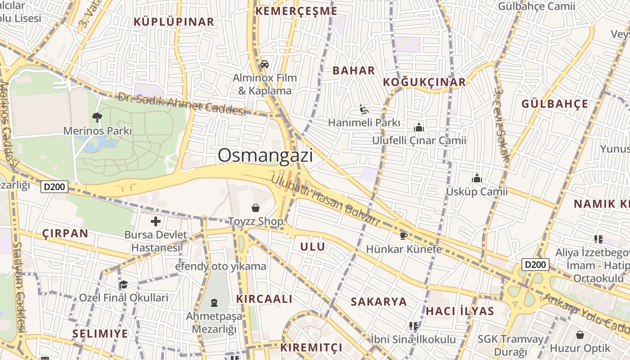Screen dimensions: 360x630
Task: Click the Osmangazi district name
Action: pos(265,156)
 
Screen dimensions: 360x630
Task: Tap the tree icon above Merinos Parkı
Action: pos(97,117)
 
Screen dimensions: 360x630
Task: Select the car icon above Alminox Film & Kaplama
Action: pos(265,64)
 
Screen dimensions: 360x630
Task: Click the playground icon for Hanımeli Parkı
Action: pos(364,109)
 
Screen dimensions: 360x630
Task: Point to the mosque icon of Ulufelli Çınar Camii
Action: pos(419,127)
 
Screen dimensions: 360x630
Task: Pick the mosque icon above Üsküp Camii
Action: pos(477,178)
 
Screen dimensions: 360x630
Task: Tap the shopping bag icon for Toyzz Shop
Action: pos(256,208)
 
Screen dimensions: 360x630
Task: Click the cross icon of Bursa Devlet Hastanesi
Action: pos(156,221)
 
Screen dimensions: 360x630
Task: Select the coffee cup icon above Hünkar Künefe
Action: pos(404,236)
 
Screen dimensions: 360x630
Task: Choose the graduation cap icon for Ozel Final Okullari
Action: pos(123,284)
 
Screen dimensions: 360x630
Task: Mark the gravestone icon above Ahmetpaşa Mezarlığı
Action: pos(214,302)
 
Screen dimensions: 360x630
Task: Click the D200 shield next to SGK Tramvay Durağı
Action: pos(535,265)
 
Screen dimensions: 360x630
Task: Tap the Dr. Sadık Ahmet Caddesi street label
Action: pos(182,104)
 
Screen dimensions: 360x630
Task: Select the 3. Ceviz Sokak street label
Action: pos(501,124)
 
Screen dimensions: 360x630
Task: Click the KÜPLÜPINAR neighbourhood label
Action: pos(174,22)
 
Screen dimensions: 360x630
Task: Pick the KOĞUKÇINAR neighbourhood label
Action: pos(424,82)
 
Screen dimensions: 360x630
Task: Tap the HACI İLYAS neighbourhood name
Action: pos(459,311)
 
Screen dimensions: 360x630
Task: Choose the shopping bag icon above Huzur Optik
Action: pos(580,335)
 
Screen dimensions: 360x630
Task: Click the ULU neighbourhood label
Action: pos(312,247)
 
